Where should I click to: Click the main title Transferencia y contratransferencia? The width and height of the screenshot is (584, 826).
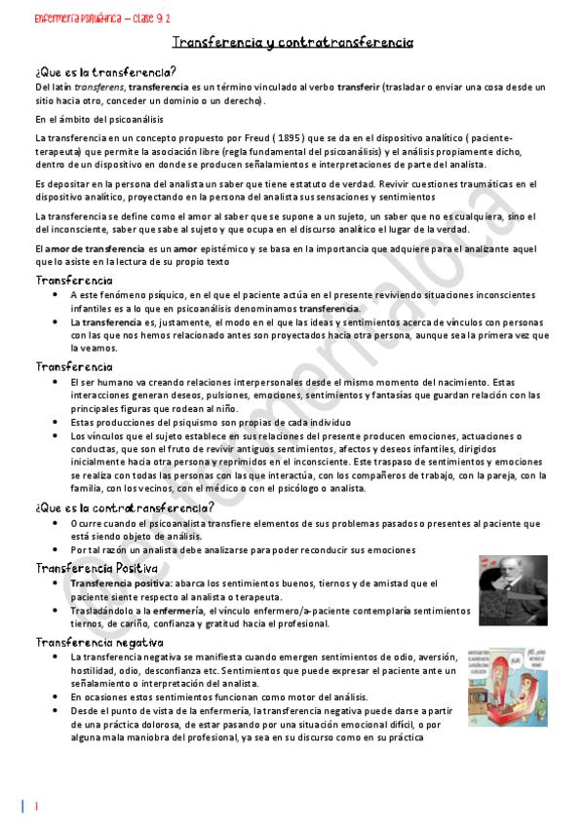(292, 44)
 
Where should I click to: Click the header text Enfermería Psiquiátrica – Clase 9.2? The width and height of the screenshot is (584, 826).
(89, 19)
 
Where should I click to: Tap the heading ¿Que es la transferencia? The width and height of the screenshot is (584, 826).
(105, 71)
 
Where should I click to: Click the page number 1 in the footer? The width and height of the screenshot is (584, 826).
(36, 807)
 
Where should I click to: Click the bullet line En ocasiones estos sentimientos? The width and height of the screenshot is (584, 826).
(219, 698)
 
